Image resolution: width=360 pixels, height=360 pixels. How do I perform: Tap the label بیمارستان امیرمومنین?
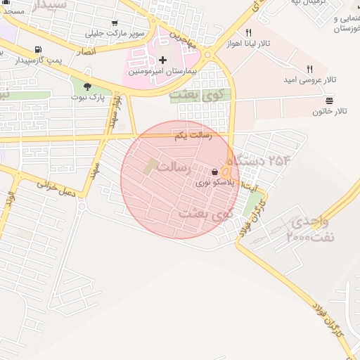click(x=163, y=72)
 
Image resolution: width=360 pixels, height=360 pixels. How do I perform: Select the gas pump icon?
click(x=37, y=51)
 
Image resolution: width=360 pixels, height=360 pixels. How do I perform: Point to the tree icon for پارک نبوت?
click(x=87, y=87)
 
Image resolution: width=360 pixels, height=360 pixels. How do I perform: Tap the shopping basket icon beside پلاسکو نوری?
click(x=214, y=172)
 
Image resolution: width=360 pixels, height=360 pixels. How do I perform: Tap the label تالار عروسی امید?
click(x=311, y=79)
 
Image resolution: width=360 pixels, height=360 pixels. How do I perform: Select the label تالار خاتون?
click(x=330, y=111)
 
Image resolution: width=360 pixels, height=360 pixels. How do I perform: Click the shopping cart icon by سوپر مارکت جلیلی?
click(x=115, y=22)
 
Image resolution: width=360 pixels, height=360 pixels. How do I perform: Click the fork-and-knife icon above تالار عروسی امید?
click(x=309, y=68)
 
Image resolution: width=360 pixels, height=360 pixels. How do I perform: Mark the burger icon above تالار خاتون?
click(x=330, y=101)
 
